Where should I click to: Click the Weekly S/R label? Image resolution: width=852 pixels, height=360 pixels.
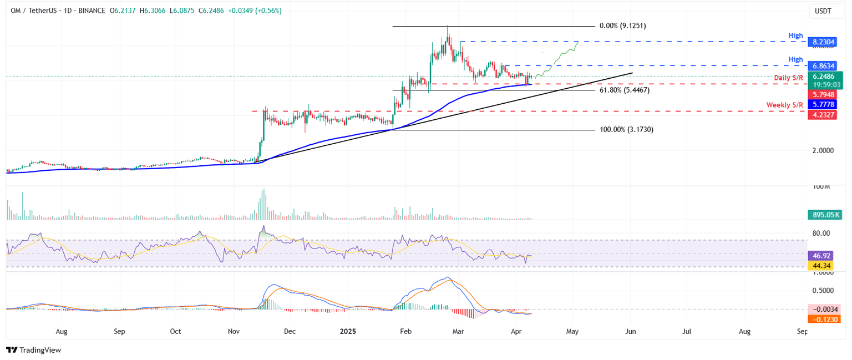click(784, 105)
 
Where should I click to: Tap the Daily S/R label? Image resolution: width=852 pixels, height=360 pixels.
click(789, 78)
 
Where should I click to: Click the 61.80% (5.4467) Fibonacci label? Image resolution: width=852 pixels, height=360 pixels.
click(624, 90)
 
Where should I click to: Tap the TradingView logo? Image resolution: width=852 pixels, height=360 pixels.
click(33, 350)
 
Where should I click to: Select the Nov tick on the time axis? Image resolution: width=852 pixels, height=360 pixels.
click(234, 332)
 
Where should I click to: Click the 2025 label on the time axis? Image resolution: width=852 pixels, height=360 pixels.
click(348, 332)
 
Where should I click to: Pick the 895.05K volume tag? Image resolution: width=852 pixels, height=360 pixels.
click(825, 215)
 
